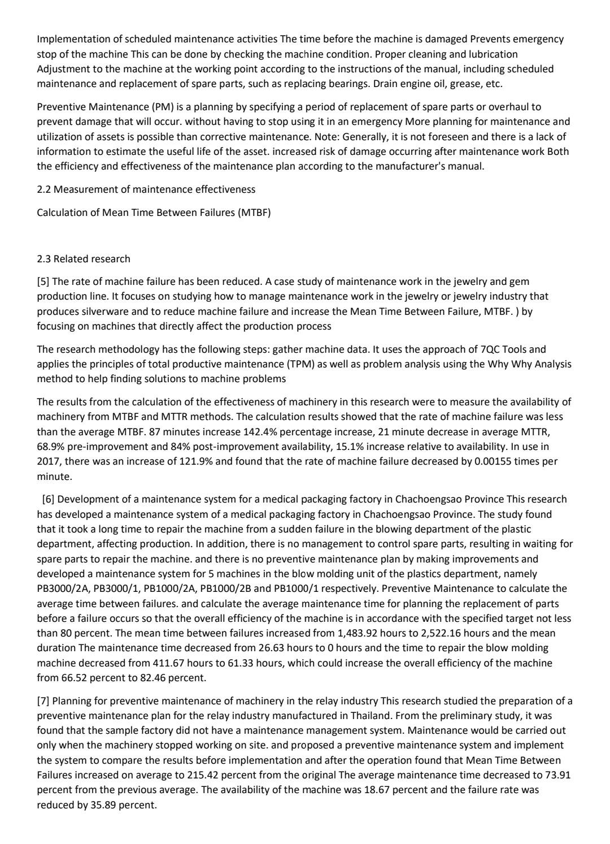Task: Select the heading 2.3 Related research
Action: (x=83, y=259)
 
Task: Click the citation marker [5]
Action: (x=43, y=282)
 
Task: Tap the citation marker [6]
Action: (x=49, y=499)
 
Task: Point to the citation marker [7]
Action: (x=43, y=701)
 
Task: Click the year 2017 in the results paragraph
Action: (x=48, y=461)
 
